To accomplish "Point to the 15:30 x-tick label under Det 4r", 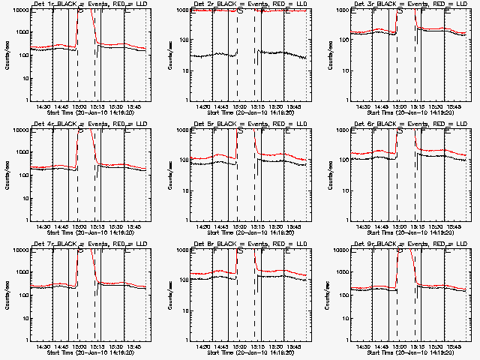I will (x=116, y=226).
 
